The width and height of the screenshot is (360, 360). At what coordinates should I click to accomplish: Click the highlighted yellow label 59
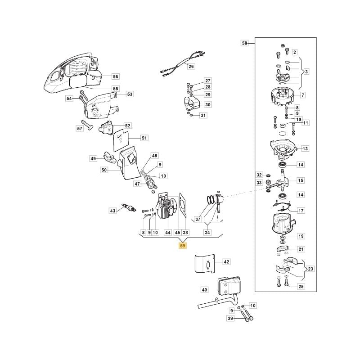[182, 246]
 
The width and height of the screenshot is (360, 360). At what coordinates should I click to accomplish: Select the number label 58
[244, 43]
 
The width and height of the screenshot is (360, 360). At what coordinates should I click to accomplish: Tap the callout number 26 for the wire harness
[191, 67]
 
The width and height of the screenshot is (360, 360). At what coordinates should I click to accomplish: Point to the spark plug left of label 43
[131, 209]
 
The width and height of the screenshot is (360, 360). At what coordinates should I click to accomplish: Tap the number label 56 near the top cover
[115, 76]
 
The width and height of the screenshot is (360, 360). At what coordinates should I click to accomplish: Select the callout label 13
[305, 148]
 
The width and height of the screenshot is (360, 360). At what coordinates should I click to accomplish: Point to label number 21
[301, 249]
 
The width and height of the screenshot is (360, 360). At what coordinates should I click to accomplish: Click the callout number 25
[301, 286]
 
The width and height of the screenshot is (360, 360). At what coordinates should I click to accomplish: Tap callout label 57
[80, 128]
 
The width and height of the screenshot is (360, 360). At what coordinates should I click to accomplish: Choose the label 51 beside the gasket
[144, 138]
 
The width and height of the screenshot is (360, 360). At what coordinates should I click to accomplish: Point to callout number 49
[93, 158]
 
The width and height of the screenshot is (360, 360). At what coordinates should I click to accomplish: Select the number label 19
[301, 236]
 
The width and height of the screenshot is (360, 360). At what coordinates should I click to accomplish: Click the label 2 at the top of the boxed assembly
[294, 53]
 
